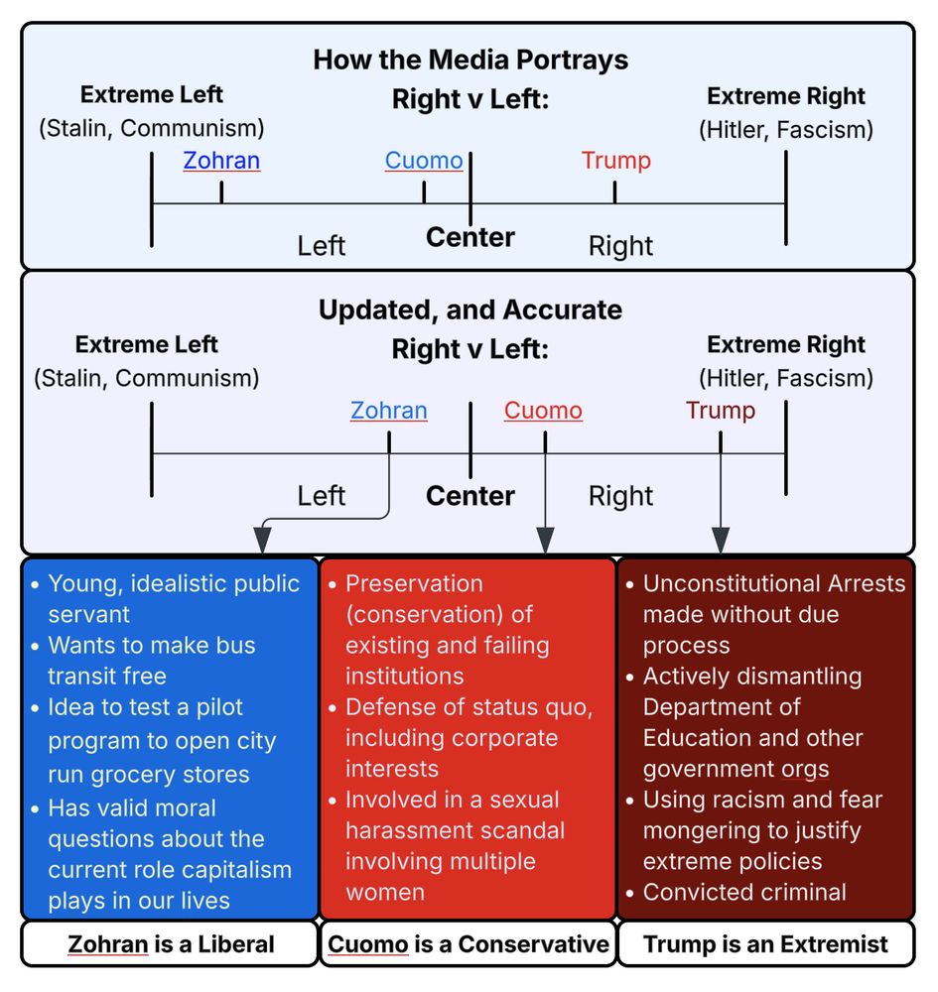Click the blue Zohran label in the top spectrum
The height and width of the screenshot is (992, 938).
click(x=221, y=161)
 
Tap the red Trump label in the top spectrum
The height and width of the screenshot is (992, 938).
click(x=615, y=161)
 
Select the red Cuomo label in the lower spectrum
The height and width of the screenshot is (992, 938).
click(x=543, y=411)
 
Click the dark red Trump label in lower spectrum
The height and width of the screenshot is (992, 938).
click(x=720, y=411)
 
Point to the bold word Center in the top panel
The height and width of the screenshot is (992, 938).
click(x=469, y=238)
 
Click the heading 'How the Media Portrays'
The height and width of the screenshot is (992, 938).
click(x=469, y=60)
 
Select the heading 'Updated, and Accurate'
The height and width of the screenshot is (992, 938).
click(x=469, y=310)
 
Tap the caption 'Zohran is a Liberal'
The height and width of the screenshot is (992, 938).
click(x=171, y=943)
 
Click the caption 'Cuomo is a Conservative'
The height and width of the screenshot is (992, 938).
click(x=469, y=943)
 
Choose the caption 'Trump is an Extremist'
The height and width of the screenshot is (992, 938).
click(x=765, y=943)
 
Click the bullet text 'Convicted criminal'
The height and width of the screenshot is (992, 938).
click(x=744, y=892)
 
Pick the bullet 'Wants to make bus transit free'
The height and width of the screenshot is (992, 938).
click(x=152, y=661)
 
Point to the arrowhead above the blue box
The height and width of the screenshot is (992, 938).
click(x=262, y=540)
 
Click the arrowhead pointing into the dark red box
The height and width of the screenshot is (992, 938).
click(x=721, y=540)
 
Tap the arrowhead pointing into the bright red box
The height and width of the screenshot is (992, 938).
click(x=544, y=540)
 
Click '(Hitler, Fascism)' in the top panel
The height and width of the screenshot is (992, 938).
click(x=786, y=129)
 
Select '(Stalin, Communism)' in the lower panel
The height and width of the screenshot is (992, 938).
click(x=147, y=378)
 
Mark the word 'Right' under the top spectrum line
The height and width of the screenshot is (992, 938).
click(x=620, y=246)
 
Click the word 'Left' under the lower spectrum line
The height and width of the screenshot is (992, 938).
click(x=321, y=496)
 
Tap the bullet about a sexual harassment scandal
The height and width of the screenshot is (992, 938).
click(x=454, y=845)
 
